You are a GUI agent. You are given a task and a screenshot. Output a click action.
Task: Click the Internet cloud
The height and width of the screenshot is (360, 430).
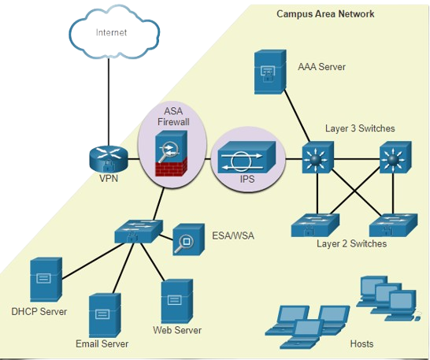(114, 32)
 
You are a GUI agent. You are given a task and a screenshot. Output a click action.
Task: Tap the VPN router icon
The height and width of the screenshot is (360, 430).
(109, 159)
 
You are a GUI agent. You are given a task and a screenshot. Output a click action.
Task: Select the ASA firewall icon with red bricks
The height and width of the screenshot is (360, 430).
(172, 154)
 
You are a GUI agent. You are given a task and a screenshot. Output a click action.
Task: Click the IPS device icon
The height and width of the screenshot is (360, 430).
(247, 158)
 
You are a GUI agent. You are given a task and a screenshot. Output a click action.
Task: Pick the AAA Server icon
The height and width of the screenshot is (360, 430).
(270, 72)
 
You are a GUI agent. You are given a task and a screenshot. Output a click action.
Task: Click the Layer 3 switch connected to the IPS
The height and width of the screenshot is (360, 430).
(318, 158)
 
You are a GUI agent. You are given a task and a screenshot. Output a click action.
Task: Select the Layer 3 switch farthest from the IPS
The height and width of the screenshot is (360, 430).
(395, 158)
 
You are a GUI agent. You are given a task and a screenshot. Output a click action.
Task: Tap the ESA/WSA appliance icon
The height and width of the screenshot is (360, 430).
(189, 239)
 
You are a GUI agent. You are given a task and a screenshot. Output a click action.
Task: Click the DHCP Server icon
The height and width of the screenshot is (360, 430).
(46, 280)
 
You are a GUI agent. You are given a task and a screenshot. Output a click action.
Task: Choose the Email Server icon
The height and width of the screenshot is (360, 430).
(105, 316)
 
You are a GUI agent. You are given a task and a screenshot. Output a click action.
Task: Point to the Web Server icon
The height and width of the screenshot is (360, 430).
(177, 301)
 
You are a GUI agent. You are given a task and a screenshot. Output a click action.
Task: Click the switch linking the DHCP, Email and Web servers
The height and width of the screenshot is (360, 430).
(139, 232)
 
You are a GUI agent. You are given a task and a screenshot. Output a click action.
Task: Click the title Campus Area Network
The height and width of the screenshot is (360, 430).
(325, 13)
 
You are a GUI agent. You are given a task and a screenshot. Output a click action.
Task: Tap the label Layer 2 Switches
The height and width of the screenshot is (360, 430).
(351, 243)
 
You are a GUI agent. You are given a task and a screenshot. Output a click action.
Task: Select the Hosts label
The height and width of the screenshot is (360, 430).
(361, 343)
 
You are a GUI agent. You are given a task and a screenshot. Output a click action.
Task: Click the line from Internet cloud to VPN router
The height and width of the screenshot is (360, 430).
(109, 102)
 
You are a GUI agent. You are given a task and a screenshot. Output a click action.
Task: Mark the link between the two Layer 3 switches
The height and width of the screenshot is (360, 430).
(357, 159)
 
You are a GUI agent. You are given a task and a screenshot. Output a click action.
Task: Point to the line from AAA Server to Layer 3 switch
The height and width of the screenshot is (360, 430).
(297, 116)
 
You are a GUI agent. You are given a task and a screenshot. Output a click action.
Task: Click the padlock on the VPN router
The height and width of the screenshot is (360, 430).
(109, 165)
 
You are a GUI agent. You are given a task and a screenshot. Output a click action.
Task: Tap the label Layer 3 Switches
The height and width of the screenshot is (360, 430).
(360, 128)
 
